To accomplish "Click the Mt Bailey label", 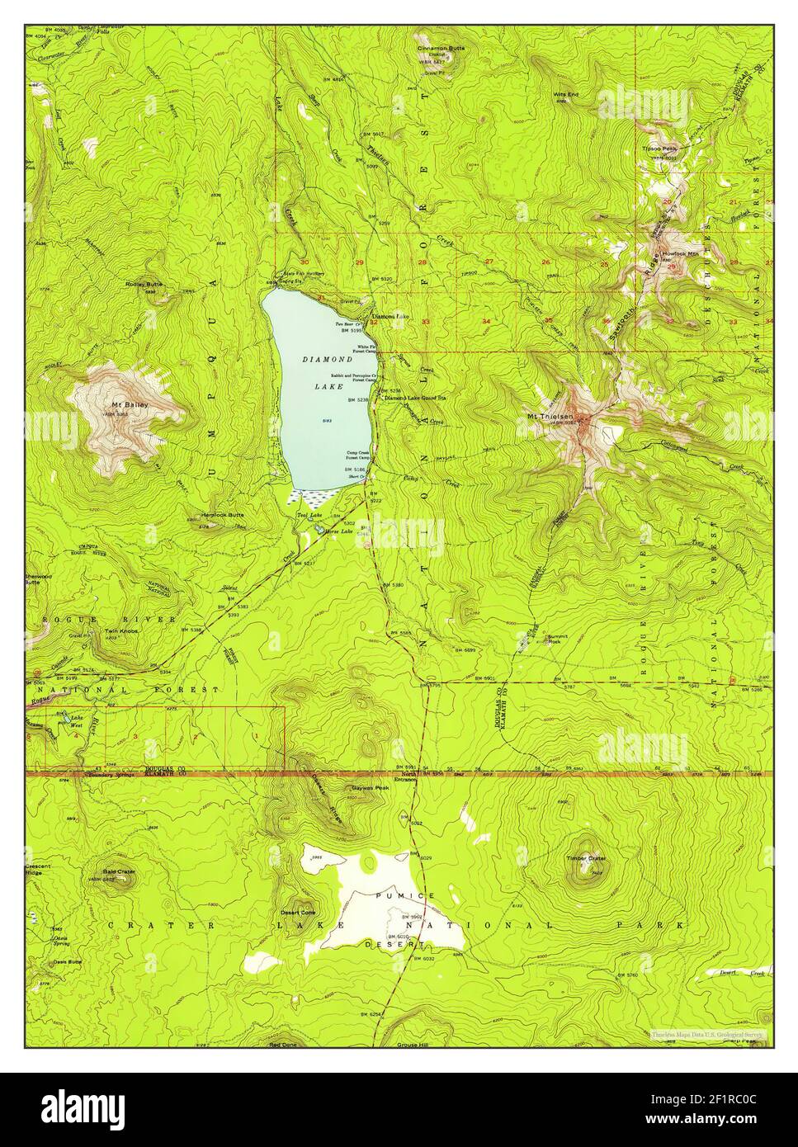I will click(x=125, y=404).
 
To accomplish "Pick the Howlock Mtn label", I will click(x=678, y=254).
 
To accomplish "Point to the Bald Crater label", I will click(x=120, y=871).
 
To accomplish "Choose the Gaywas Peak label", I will click(x=370, y=787).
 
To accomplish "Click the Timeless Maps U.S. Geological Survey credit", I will click(x=707, y=1033).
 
